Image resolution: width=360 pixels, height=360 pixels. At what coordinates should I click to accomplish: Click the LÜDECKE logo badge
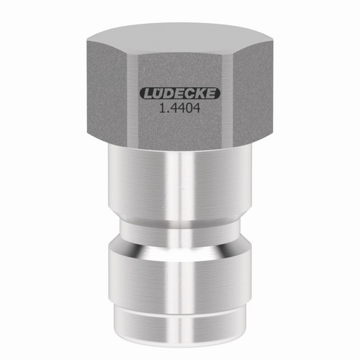tap(180, 94)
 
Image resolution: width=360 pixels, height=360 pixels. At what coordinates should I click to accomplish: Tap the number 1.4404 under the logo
tap(180, 109)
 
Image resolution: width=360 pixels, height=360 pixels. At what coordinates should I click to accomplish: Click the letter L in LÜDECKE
tap(148, 94)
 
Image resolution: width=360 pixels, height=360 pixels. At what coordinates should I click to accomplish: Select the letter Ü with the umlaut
tap(158, 93)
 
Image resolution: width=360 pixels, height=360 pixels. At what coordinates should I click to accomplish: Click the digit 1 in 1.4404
tap(162, 109)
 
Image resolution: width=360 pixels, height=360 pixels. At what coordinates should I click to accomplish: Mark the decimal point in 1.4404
tap(167, 112)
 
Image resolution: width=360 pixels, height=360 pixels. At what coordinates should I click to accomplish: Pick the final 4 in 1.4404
tap(197, 109)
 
